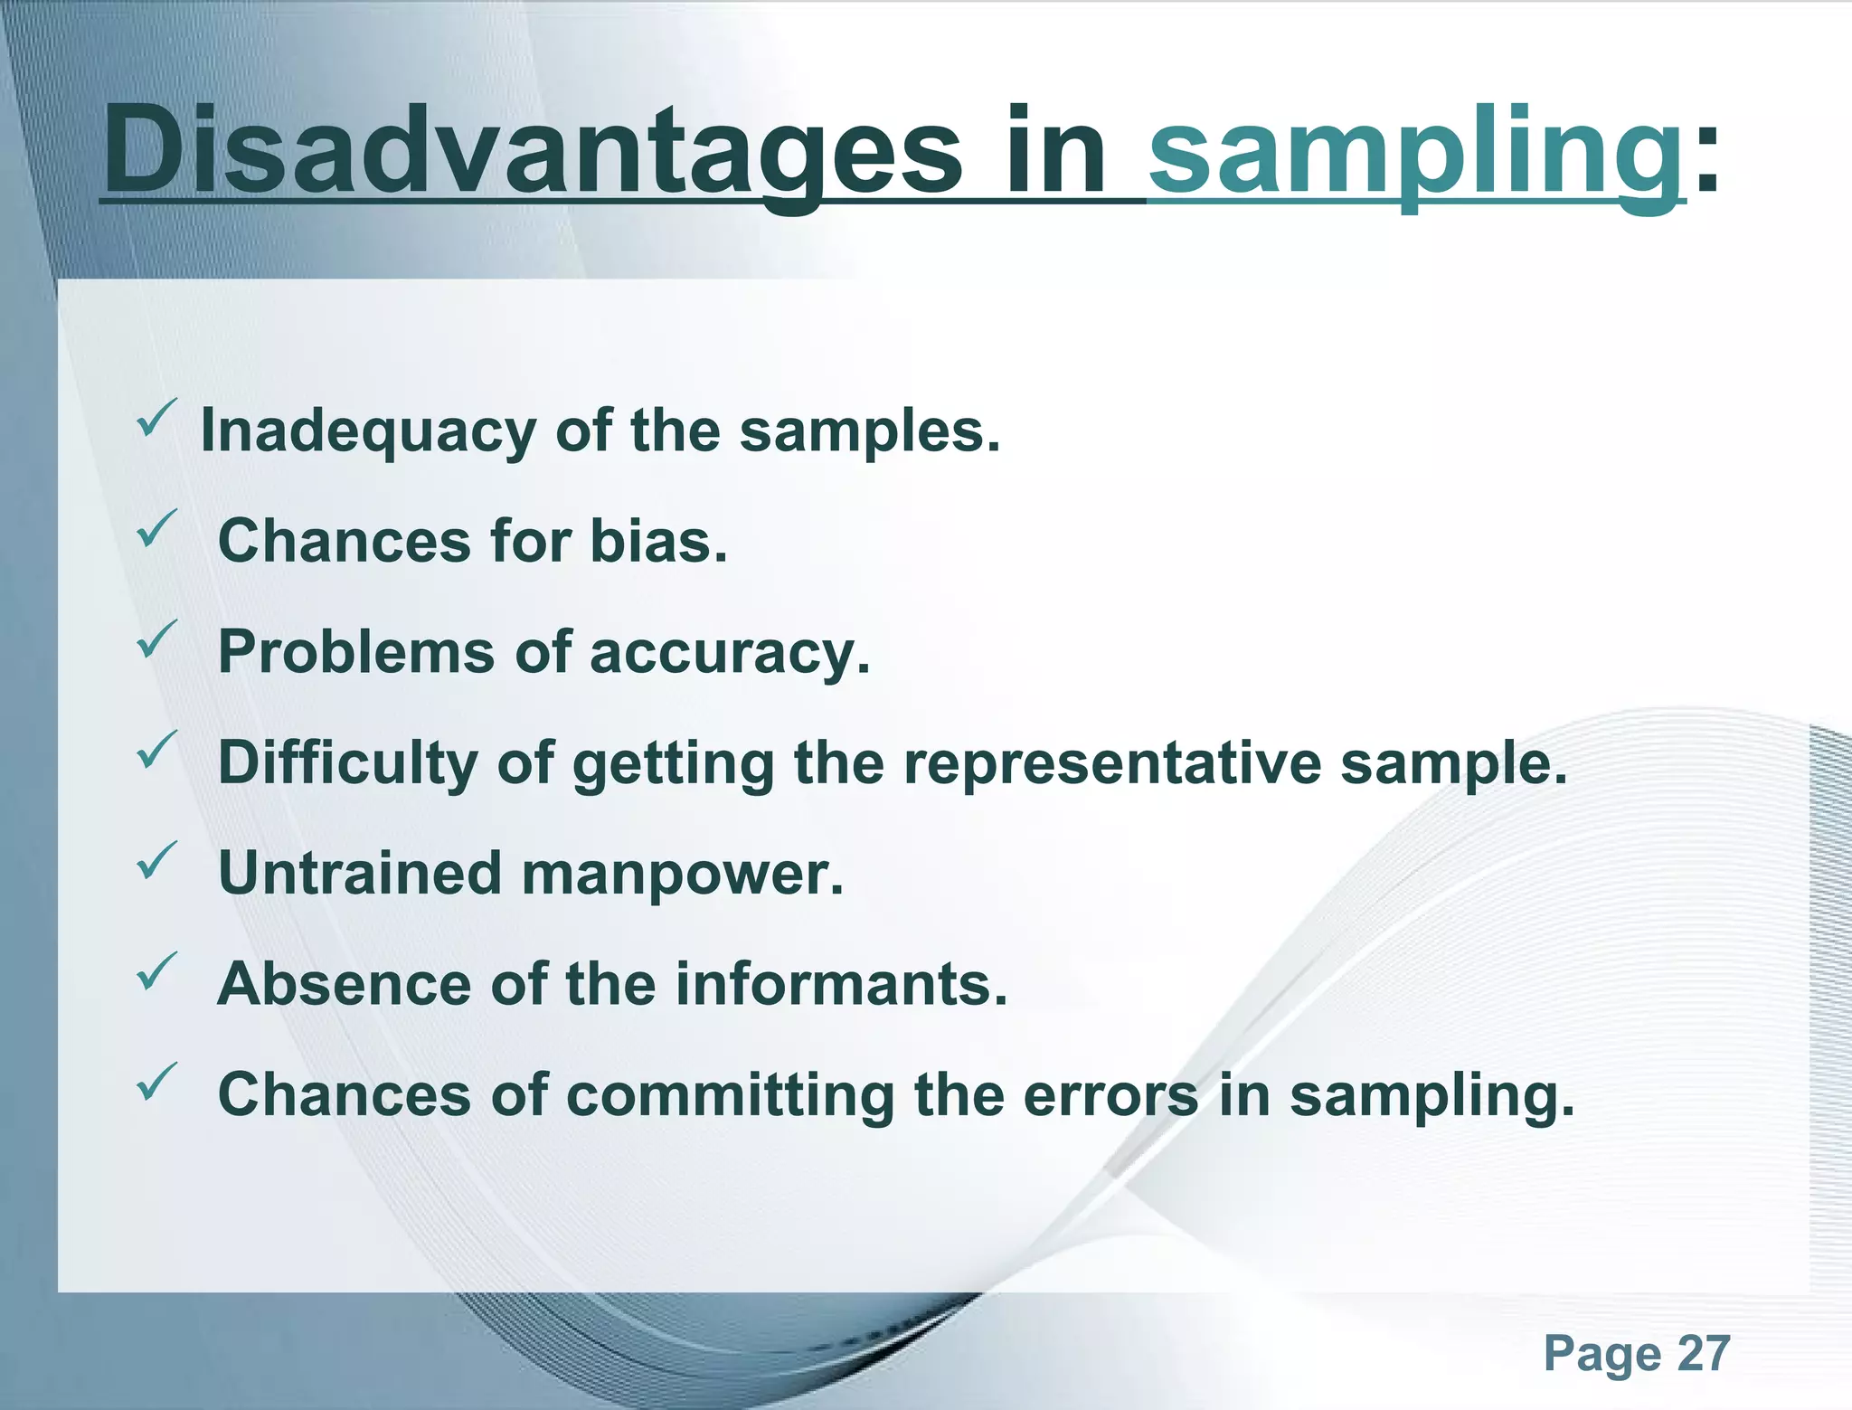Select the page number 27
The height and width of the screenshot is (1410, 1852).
point(1704,1354)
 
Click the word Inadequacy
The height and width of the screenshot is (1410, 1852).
point(367,431)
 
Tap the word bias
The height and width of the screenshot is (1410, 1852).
point(658,542)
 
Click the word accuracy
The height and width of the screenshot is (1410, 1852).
point(729,653)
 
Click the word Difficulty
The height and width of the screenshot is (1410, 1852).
point(347,762)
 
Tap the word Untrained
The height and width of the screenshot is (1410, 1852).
point(360,874)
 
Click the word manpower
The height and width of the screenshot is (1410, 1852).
point(683,875)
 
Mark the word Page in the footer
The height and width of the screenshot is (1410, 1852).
point(1602,1354)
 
